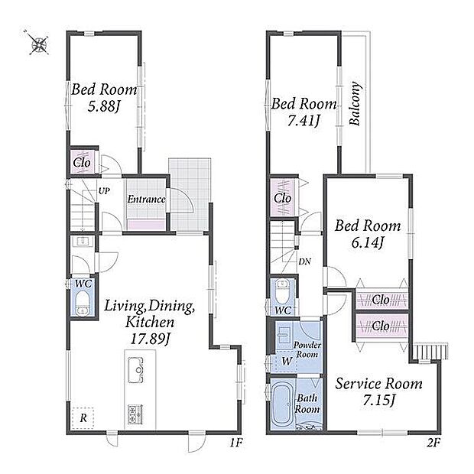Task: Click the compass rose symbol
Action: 39,43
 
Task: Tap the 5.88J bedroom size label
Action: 104,106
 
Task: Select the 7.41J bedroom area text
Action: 304,121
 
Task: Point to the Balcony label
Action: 355,103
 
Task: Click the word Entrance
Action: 146,199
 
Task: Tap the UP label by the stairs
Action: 104,191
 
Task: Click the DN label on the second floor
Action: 304,261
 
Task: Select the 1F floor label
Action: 235,443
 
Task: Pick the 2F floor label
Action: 433,443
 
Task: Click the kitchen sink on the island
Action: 135,370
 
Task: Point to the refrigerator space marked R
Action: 83,418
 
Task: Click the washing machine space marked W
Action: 286,361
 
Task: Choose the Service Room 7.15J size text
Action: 378,401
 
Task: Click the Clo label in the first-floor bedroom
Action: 82,163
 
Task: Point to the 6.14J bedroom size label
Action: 368,242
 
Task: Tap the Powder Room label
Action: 307,349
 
